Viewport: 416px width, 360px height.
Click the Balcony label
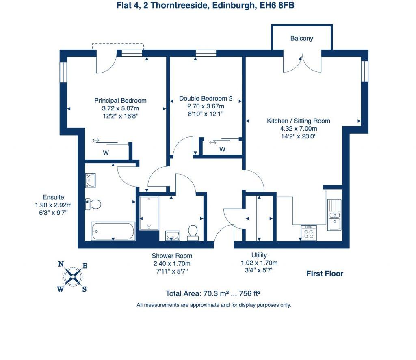pos(302,39)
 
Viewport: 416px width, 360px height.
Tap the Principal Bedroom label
pos(120,101)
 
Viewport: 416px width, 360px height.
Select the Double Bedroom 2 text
pos(206,99)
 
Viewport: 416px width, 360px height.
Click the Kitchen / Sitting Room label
pos(299,121)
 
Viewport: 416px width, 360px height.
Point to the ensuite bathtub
pos(113,231)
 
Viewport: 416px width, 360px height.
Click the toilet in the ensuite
pos(93,205)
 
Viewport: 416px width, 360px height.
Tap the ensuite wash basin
pos(90,181)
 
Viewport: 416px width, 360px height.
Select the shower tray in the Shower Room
pos(149,213)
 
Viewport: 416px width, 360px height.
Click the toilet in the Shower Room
pos(193,233)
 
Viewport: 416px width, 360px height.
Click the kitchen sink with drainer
pos(334,215)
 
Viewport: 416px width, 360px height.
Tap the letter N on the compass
pos(61,264)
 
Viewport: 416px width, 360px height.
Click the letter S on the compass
pos(84,289)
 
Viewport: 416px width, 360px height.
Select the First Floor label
pos(325,274)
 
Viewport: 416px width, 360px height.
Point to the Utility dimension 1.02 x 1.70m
pos(259,263)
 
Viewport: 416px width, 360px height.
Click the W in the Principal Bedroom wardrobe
pos(106,153)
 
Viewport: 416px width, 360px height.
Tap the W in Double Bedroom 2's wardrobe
pos(222,149)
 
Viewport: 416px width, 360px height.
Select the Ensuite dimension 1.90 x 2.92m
pos(53,205)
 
